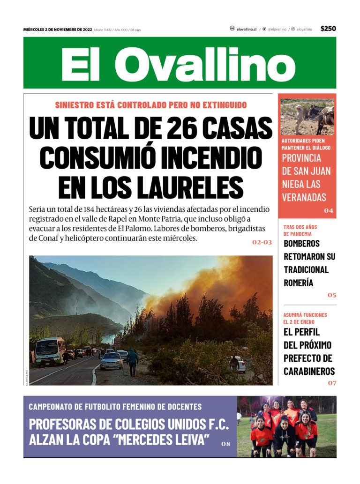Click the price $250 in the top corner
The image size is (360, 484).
(328, 29)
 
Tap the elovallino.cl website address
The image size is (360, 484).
(246, 29)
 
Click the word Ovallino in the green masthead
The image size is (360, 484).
(204, 64)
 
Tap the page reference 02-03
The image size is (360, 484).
(262, 243)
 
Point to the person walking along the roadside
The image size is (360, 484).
(133, 362)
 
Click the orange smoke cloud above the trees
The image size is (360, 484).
(225, 281)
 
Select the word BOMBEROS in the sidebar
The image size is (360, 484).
(301, 244)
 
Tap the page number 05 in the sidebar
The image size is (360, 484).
(332, 295)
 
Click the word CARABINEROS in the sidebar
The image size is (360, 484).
(309, 372)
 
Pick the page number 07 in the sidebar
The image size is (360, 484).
(332, 383)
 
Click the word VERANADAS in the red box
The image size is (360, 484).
(304, 197)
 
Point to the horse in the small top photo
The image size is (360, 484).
(323, 117)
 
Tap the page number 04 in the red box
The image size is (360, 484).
(329, 210)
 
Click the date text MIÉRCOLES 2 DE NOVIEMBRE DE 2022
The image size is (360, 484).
(57, 30)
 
